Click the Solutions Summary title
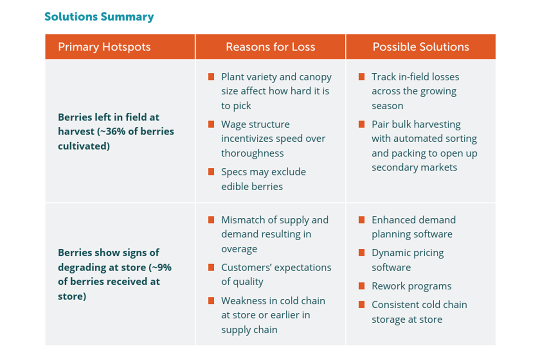[99, 17]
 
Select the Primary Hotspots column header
[104, 47]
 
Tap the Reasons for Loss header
[270, 47]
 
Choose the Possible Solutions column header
[421, 47]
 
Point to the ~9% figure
[161, 267]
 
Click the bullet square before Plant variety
[211, 77]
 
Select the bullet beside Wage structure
[211, 125]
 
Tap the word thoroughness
[252, 153]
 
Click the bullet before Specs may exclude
[211, 172]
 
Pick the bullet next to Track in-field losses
[361, 77]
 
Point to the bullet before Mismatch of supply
[211, 220]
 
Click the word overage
[239, 249]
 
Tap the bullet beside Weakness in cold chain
[211, 301]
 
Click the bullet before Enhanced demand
[361, 220]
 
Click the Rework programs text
[411, 286]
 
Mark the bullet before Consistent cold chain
[361, 305]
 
